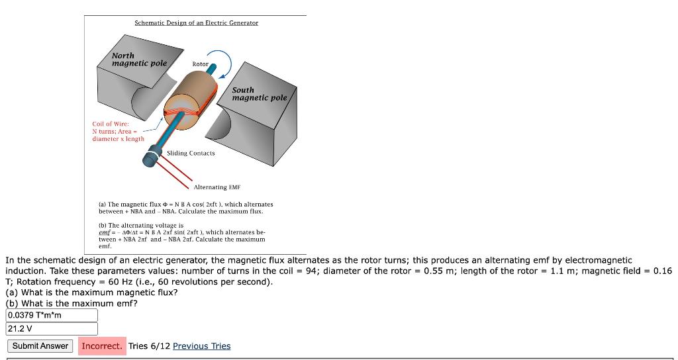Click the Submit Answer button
pos(40,346)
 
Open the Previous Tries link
pos(201,346)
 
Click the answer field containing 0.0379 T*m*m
pos(52,315)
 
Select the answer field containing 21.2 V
pos(52,329)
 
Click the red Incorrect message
pos(102,346)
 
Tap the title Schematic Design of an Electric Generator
pos(196,22)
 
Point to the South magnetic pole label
pos(259,94)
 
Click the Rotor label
pos(200,64)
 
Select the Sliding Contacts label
pos(191,154)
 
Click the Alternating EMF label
pos(219,187)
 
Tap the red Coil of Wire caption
pos(118,131)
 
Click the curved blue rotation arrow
pos(225,63)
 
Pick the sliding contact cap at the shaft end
pos(152,159)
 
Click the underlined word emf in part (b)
pos(105,232)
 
